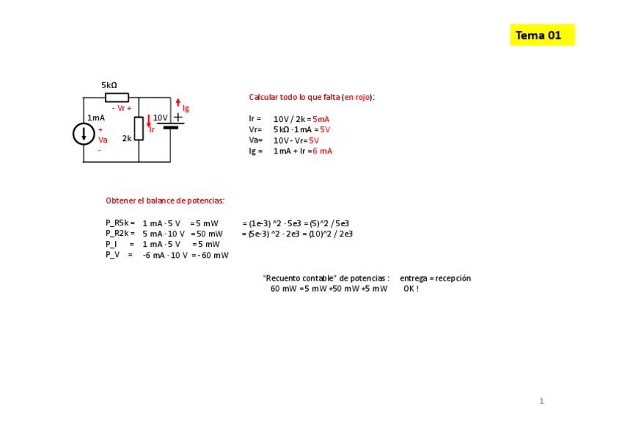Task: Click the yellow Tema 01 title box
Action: pyautogui.click(x=541, y=35)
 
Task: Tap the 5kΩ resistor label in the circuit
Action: pyautogui.click(x=109, y=85)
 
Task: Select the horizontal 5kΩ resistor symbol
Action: pyautogui.click(x=117, y=98)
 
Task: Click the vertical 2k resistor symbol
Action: pyautogui.click(x=139, y=129)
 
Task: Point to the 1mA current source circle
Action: pyautogui.click(x=84, y=134)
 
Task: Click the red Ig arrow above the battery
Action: pyautogui.click(x=178, y=104)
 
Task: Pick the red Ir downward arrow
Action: pyautogui.click(x=149, y=122)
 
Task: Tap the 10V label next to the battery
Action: pyautogui.click(x=161, y=118)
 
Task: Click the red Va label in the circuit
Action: pyautogui.click(x=103, y=140)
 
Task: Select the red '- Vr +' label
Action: pyautogui.click(x=122, y=108)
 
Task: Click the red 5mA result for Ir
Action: pyautogui.click(x=321, y=119)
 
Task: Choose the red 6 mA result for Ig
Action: pyautogui.click(x=323, y=151)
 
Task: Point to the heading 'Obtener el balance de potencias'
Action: pyautogui.click(x=165, y=201)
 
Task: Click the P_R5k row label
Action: pyautogui.click(x=120, y=223)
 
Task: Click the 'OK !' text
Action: pyautogui.click(x=411, y=289)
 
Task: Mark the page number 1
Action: pyautogui.click(x=541, y=401)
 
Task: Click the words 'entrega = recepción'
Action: pyautogui.click(x=435, y=278)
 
